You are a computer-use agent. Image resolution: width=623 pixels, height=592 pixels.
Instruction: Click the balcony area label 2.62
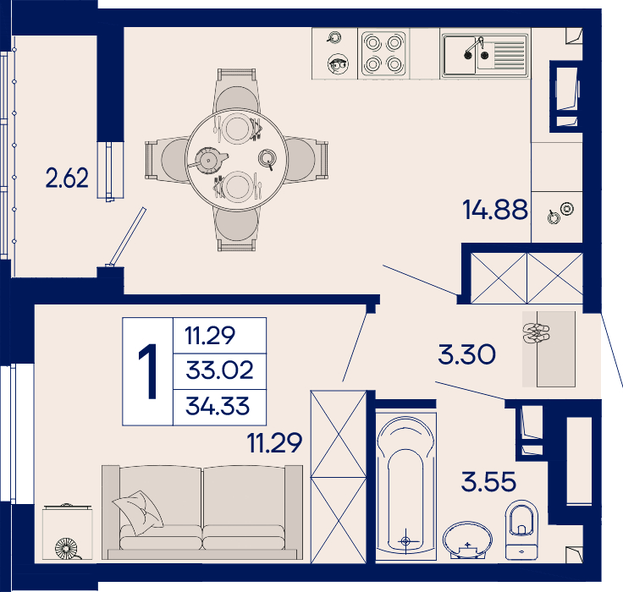coord(67,178)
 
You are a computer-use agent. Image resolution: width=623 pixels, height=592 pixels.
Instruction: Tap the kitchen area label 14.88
coord(495,210)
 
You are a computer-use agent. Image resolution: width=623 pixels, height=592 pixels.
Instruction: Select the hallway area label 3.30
coord(467,354)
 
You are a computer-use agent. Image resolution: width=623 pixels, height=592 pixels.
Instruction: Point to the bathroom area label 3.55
coord(488,481)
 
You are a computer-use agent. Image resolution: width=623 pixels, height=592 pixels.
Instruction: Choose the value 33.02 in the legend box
coord(219,370)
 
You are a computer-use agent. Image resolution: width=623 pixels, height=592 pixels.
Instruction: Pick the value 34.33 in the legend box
coord(218,406)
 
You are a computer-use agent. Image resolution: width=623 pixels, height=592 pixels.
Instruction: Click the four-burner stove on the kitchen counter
coord(383,53)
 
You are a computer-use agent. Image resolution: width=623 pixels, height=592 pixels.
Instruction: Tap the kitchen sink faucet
coord(474,47)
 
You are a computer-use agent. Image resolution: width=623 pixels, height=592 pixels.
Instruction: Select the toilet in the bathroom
coord(521,530)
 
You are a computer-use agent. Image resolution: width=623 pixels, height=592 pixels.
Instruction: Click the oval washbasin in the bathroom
coord(467,540)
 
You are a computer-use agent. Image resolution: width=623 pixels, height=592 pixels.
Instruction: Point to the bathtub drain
coord(405,540)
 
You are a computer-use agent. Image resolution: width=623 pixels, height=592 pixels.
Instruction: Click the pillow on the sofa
coord(139,513)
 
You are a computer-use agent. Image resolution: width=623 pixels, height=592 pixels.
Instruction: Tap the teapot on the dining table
coord(207,160)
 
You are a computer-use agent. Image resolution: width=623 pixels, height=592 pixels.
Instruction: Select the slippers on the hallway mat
coord(537,332)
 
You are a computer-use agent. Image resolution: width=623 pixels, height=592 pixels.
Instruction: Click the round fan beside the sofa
coord(66,549)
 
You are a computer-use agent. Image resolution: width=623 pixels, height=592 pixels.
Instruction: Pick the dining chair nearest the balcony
coord(167,161)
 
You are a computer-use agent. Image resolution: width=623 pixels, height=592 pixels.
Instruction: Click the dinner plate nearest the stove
coord(237,128)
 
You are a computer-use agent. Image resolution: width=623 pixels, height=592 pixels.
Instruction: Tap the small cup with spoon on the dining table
coord(267,158)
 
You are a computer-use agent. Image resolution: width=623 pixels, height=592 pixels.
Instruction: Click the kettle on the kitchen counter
coord(338,64)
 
